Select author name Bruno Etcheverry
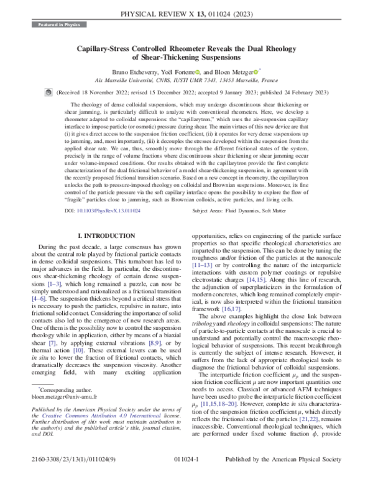click(131, 71)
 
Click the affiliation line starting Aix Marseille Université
click(186, 80)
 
